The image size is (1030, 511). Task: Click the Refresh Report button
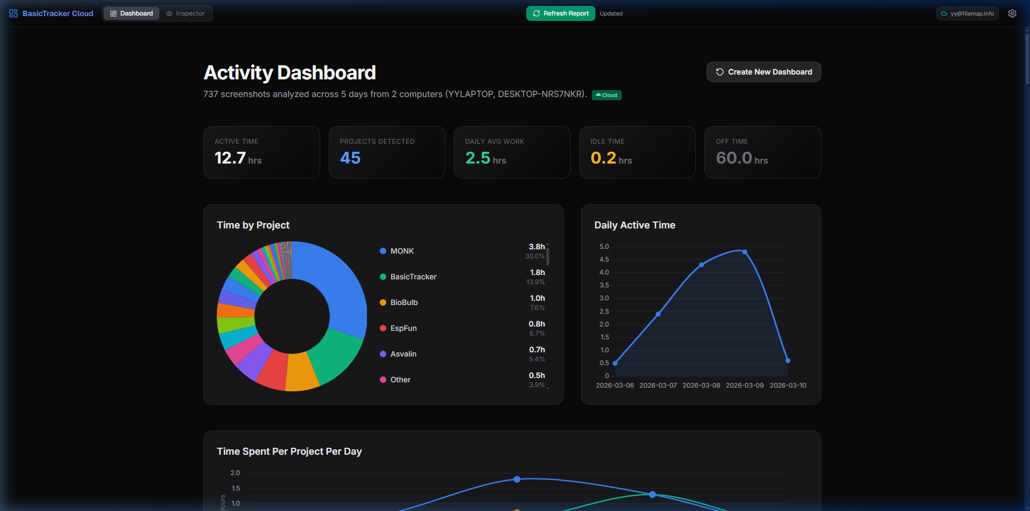pyautogui.click(x=561, y=13)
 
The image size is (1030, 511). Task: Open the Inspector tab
pyautogui.click(x=186, y=13)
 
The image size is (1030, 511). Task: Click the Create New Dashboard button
pyautogui.click(x=763, y=72)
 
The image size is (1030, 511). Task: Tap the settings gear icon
pyautogui.click(x=1012, y=13)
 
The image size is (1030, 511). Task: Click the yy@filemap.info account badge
pyautogui.click(x=967, y=13)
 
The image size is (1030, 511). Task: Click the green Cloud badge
pyautogui.click(x=607, y=95)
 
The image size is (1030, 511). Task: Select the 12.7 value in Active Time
pyautogui.click(x=230, y=158)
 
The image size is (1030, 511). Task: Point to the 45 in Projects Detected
pyautogui.click(x=350, y=158)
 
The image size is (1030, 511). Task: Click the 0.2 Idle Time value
pyautogui.click(x=603, y=158)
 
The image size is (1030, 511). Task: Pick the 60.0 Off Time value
pyautogui.click(x=734, y=158)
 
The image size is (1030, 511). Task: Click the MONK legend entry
pyautogui.click(x=402, y=251)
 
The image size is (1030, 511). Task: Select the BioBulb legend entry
pyautogui.click(x=403, y=302)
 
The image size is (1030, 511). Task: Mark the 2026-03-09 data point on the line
pyautogui.click(x=745, y=252)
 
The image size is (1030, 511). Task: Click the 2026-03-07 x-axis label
pyautogui.click(x=658, y=386)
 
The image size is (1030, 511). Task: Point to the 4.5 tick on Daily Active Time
pyautogui.click(x=604, y=260)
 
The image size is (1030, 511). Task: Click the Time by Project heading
pyautogui.click(x=253, y=225)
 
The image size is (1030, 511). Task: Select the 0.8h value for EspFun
pyautogui.click(x=536, y=324)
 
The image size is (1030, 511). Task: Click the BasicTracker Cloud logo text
pyautogui.click(x=57, y=13)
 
